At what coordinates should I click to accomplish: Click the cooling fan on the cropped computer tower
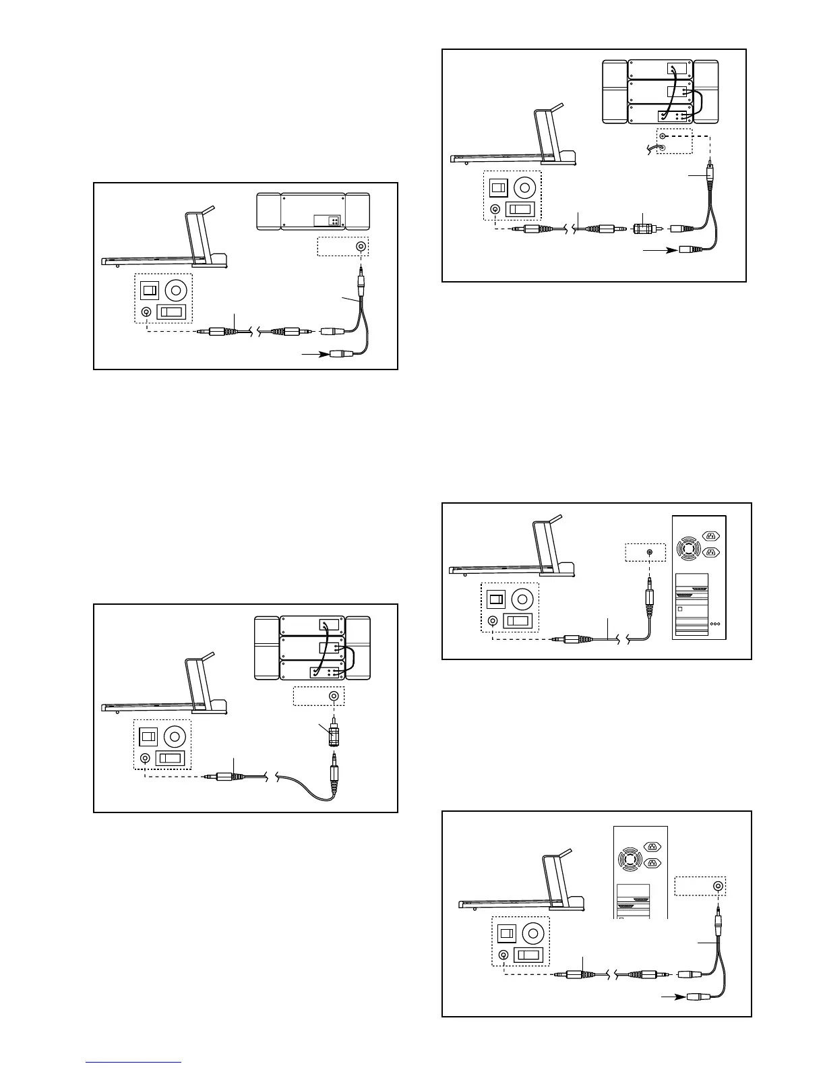(628, 855)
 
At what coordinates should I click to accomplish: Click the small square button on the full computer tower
(680, 608)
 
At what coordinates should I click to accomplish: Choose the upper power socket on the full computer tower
(710, 536)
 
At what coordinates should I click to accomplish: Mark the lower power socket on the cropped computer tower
(652, 862)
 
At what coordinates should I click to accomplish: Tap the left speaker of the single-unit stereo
(268, 211)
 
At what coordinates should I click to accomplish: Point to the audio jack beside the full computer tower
(649, 552)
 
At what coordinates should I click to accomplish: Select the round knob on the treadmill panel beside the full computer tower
(524, 599)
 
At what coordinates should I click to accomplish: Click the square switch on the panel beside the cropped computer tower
(507, 934)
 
